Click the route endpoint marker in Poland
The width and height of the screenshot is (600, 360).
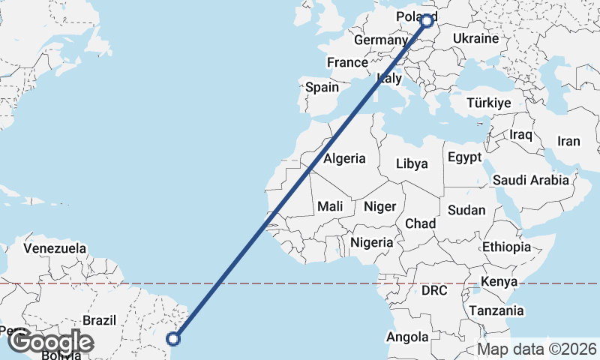point(427,21)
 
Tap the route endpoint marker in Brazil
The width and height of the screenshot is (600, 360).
point(173,338)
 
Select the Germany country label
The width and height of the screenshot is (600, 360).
point(380,40)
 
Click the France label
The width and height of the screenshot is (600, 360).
point(347,62)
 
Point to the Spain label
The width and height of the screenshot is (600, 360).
point(322,87)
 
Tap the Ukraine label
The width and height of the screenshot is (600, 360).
point(475,38)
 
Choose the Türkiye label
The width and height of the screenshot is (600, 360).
point(488,103)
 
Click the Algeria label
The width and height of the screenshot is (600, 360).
point(344,158)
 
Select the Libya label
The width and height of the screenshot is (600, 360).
point(412,163)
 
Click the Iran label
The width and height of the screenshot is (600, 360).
point(568,141)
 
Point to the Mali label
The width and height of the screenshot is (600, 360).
point(330,206)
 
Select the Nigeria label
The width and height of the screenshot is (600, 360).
point(372,242)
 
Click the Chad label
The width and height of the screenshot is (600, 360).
point(420,223)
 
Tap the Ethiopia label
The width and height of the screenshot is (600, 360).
point(506,247)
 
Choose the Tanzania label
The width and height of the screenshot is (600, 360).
point(496,310)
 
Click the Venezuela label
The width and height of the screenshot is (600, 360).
point(55,248)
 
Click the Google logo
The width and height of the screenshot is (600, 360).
point(50,343)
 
